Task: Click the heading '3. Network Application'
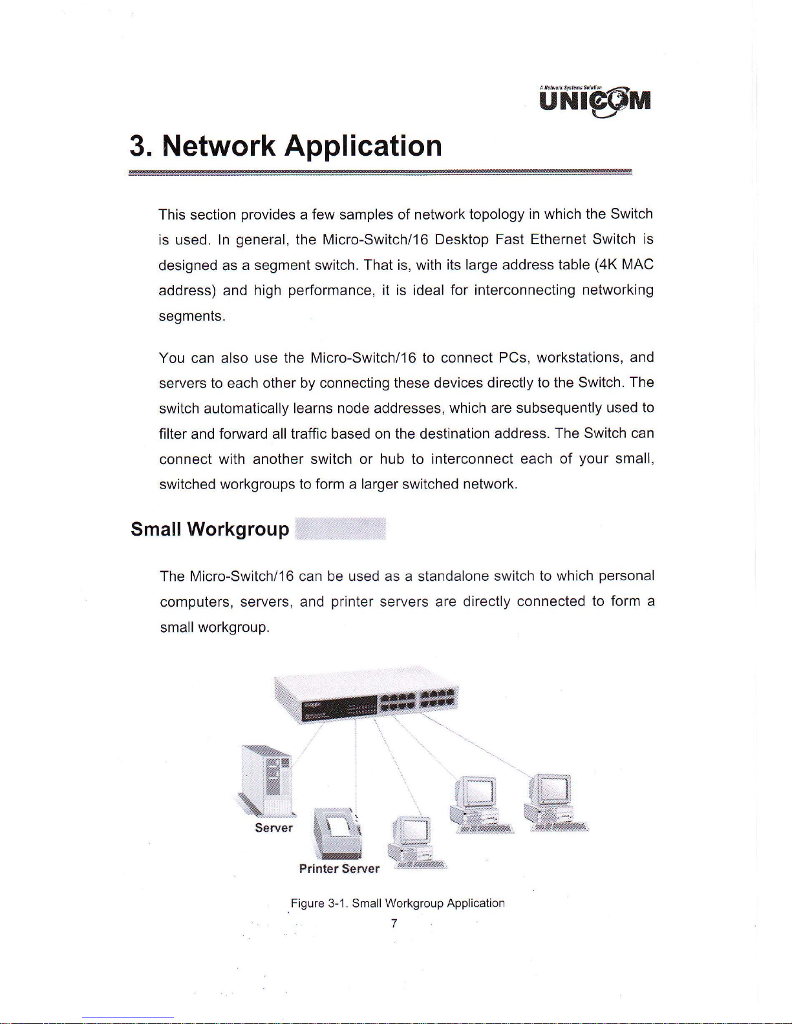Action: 286,145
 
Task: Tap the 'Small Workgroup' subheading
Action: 209,529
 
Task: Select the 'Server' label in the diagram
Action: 273,828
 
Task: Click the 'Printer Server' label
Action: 339,868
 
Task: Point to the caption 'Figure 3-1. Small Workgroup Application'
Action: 397,903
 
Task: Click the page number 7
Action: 394,923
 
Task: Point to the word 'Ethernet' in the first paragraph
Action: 557,239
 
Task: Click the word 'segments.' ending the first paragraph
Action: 191,316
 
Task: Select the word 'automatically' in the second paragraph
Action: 246,408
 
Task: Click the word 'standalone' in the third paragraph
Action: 453,575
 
